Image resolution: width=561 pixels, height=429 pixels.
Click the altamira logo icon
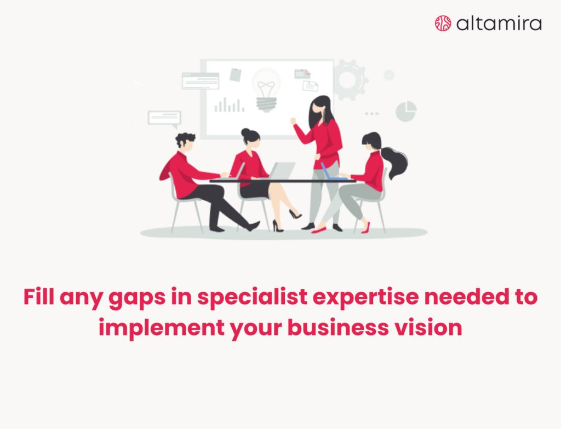click(x=443, y=23)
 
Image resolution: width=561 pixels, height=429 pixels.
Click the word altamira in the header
click(x=499, y=23)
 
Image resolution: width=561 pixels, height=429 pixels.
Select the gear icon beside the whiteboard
click(x=349, y=80)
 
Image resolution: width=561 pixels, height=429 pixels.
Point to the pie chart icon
click(x=406, y=111)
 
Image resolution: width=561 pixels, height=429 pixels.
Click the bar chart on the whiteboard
click(x=229, y=105)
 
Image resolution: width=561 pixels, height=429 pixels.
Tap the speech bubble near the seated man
click(x=164, y=117)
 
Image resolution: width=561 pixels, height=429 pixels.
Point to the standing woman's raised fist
click(x=293, y=120)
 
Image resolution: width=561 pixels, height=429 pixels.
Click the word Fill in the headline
click(x=39, y=297)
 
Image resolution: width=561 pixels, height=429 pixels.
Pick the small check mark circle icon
click(x=389, y=75)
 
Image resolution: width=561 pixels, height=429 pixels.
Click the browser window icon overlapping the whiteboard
click(x=201, y=80)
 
